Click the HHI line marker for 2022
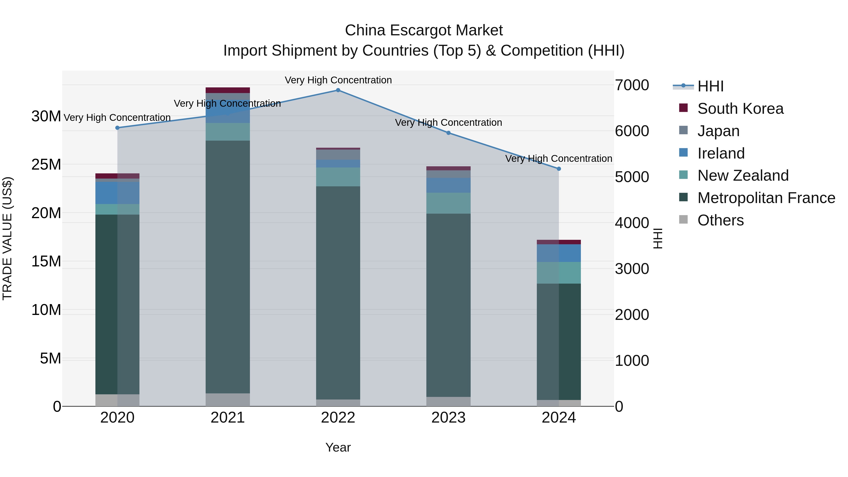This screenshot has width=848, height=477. click(x=338, y=90)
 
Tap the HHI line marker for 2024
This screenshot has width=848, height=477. click(x=559, y=169)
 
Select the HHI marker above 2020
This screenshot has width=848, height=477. click(x=118, y=128)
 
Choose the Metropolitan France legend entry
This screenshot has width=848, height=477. click(x=766, y=198)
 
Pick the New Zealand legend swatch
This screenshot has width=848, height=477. click(x=683, y=175)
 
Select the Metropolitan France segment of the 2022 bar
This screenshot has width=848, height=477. click(x=338, y=293)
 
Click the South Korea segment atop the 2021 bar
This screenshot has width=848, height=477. click(x=228, y=90)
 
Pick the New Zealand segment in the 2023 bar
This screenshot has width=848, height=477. click(x=448, y=203)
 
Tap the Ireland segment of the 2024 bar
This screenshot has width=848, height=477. click(x=559, y=253)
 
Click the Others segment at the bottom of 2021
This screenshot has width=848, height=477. click(x=228, y=400)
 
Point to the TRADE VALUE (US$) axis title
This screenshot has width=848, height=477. click(x=7, y=238)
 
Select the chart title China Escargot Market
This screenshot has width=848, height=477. click(x=424, y=30)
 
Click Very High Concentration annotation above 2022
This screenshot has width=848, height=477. click(x=338, y=80)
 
